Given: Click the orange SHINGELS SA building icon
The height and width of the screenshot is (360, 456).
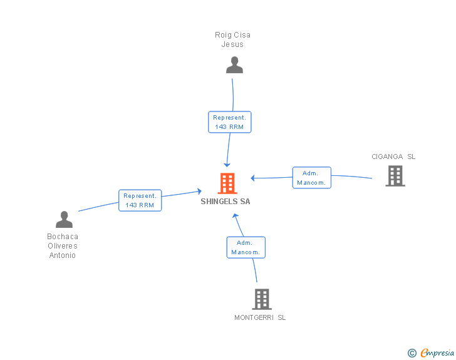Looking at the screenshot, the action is coord(227,183).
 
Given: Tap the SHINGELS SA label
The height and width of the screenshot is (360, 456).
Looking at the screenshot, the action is coord(225,202).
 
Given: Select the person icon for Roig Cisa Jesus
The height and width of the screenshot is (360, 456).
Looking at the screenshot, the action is coord(234,65).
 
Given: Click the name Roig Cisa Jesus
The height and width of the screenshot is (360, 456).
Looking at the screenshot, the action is coord(232,39).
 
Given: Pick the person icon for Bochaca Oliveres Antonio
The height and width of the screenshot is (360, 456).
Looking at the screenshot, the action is coord(65,219).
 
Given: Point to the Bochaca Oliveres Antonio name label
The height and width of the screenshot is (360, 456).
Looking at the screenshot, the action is coord(63,246).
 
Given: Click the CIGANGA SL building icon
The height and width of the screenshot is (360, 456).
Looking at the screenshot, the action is coord(395,176).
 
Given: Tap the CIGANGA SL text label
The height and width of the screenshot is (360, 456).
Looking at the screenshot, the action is coord(393,157).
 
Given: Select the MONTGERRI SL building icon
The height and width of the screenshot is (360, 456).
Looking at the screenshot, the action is coord(262,299).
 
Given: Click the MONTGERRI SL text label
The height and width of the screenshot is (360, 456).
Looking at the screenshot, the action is coord(260,317).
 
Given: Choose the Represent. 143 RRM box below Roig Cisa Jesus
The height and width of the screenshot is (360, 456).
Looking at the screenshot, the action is coord(230,122).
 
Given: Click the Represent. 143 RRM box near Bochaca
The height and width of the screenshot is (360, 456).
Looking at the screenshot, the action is coord(140,200).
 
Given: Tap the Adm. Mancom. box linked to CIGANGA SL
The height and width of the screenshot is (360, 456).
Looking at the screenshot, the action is coord(312,178).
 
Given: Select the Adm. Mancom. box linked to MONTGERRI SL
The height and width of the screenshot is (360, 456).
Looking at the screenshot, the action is coord(246,247).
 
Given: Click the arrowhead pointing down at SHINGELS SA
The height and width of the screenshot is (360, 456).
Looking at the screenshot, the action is coord(227,165).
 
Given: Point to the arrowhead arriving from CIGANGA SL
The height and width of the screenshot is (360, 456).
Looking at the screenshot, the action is coord(252,178).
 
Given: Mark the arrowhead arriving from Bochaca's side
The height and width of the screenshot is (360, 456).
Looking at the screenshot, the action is coord(199,191).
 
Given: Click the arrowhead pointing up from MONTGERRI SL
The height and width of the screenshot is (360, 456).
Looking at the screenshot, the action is coord(236,216).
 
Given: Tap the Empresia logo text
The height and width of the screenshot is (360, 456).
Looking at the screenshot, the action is coord(437,352).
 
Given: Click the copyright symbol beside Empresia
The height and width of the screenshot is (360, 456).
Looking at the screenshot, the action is coord(412,353).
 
